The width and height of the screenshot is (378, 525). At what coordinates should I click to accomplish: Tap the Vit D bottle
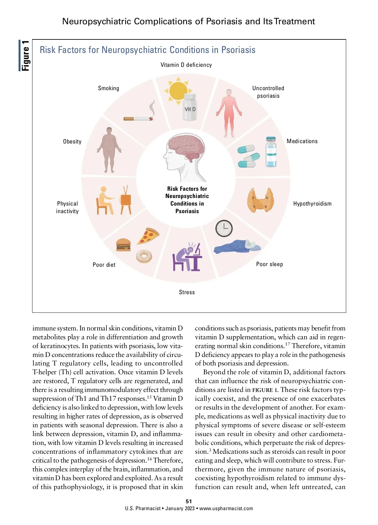point(190,107)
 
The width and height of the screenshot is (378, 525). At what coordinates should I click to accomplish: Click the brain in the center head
point(186,147)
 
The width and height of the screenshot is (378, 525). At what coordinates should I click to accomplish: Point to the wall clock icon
point(224,228)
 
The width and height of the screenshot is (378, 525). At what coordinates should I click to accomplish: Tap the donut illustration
point(144,256)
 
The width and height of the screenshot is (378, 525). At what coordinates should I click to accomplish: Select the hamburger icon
point(123,245)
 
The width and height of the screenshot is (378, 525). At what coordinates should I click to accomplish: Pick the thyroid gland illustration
point(261,200)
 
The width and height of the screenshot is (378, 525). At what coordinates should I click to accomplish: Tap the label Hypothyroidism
point(312,204)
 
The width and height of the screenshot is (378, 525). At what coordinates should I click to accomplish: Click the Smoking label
point(108,88)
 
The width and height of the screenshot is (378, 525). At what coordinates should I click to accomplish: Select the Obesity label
point(72,142)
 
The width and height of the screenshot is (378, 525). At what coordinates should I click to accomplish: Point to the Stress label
point(187,292)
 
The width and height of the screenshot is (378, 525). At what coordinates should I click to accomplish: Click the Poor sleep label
point(269,264)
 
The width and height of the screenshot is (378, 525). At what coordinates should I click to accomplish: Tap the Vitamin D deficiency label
point(186,65)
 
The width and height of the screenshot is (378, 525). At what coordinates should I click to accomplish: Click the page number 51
point(189,501)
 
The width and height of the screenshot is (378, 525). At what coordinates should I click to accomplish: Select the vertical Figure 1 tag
point(25,55)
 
